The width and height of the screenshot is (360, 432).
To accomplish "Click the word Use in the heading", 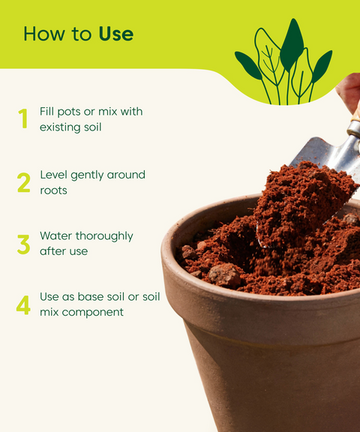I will [115, 34].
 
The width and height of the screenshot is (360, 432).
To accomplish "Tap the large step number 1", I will [23, 119].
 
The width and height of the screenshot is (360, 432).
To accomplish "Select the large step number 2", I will [24, 182].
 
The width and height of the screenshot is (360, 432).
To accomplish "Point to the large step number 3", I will [24, 244].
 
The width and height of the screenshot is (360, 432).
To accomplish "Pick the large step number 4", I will [24, 304].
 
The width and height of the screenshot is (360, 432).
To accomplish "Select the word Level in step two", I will [54, 175].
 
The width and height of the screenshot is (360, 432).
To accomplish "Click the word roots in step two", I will [53, 190].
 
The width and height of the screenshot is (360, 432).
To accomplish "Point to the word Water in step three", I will [56, 235].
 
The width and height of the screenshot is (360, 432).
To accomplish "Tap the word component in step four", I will [92, 312].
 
